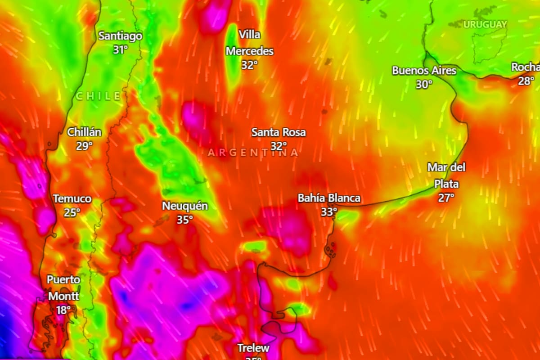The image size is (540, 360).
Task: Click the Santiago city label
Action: [120, 36]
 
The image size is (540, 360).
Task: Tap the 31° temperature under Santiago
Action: [121, 49]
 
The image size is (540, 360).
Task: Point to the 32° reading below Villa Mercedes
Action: [249, 65]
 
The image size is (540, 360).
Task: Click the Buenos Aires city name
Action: [424, 71]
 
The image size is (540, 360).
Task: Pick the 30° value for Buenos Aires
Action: [424, 84]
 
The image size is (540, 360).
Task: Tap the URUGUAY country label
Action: [485, 24]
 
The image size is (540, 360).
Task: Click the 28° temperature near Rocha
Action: [526, 81]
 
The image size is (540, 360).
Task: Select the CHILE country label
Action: [98, 96]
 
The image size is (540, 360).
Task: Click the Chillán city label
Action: [84, 132]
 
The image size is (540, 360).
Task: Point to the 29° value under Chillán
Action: [84, 146]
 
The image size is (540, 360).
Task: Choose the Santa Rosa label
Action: [279, 132]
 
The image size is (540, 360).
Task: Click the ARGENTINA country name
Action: [253, 153]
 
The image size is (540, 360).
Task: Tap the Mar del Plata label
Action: [446, 175]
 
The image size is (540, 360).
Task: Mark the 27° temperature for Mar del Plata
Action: [446, 198]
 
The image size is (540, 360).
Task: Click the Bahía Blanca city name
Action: [329, 198]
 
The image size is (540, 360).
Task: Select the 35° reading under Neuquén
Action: [184, 220]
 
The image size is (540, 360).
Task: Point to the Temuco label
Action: [72, 198]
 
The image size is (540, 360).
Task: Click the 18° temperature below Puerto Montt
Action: [63, 310]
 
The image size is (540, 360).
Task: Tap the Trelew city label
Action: [253, 348]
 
